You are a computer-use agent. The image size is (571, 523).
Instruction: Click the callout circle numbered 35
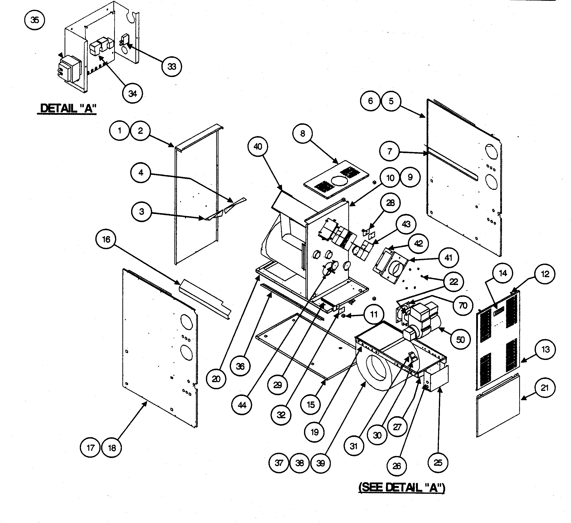[x=35, y=20]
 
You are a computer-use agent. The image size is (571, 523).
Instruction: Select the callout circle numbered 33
[x=172, y=67]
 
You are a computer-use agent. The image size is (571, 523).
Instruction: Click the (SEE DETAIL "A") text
[x=402, y=487]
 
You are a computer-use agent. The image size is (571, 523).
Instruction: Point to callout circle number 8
[x=303, y=133]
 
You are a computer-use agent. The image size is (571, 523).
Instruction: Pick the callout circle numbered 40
[x=257, y=146]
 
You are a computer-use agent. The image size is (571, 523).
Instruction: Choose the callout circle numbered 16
[x=106, y=239]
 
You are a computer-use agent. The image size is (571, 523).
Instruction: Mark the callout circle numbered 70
[x=463, y=305]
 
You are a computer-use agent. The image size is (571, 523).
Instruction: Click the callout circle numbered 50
[x=460, y=339]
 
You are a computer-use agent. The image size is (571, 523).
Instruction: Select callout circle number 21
[x=545, y=388]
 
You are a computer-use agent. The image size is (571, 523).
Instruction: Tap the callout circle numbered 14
[x=503, y=273]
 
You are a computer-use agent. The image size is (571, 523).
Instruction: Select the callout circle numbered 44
[x=242, y=405]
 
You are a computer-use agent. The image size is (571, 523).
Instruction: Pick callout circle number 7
[x=389, y=151]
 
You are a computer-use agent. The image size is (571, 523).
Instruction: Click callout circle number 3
[x=141, y=212]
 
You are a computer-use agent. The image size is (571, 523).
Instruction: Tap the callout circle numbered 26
[x=397, y=466]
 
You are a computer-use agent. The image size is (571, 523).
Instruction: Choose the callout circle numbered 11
[x=374, y=314]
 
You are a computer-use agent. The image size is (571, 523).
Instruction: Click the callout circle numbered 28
[x=390, y=203]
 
